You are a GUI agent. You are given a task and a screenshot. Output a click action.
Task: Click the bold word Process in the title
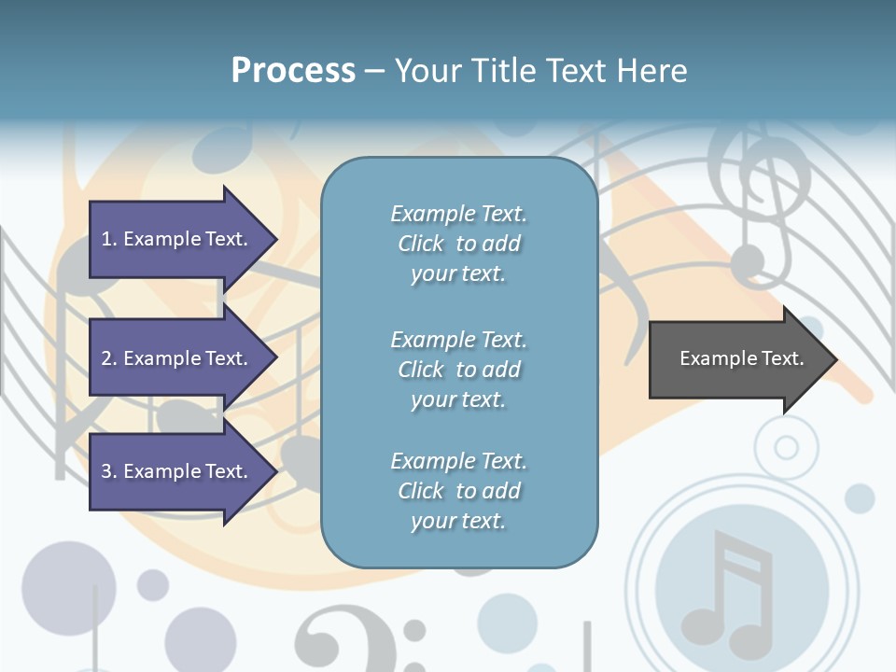coord(293,71)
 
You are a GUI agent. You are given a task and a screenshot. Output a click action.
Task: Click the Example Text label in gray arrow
coord(741,358)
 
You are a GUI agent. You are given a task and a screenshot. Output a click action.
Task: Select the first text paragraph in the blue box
coord(458,244)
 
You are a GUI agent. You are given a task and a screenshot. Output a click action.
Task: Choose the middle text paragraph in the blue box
coord(458,370)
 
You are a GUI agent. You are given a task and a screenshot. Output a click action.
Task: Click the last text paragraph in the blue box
coord(458,491)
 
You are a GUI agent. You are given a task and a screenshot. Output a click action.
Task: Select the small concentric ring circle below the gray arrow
coord(787,448)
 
